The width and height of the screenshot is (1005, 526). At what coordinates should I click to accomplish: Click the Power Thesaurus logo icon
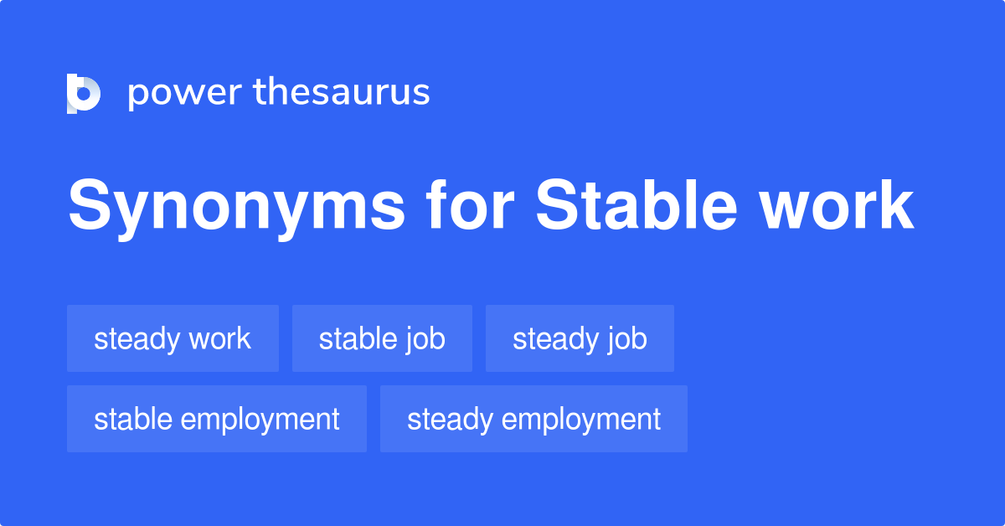coord(84,93)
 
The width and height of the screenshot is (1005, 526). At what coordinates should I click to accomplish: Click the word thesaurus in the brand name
coord(342,93)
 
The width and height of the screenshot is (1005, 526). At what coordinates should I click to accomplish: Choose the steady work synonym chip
coord(173,338)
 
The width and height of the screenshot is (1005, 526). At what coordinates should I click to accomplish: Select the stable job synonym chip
coord(382,338)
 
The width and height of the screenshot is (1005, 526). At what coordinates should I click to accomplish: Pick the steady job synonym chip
coord(580,338)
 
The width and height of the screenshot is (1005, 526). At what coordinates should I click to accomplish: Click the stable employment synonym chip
coord(217,419)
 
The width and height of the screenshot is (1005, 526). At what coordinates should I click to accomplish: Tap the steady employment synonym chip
coord(533,419)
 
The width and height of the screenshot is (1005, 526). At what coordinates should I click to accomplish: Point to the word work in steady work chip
coord(219,338)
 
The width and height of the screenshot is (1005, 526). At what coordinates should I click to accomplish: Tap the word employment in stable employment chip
coord(260,420)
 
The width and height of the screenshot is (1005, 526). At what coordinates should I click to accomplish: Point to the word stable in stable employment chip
coord(133,419)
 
